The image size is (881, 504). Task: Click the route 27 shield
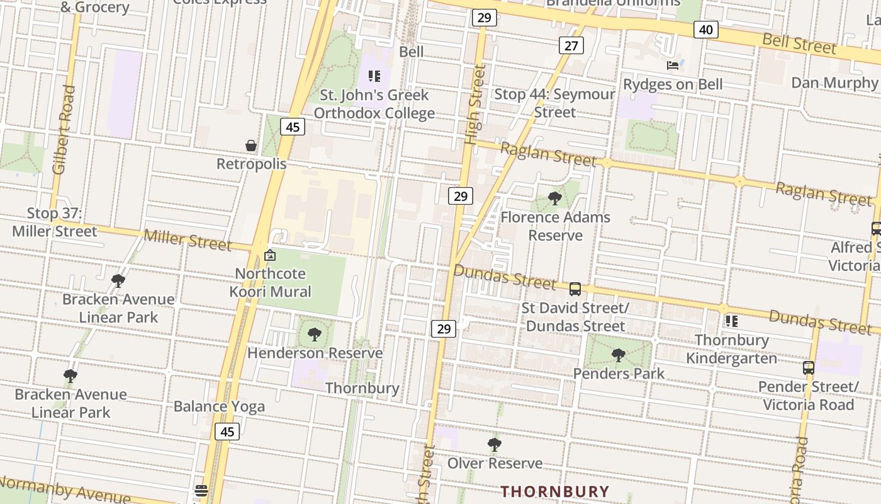(x=571, y=45)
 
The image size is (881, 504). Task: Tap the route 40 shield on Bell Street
(x=706, y=30)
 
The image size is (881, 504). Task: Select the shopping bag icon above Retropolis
(x=251, y=146)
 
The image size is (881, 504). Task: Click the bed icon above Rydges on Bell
(x=673, y=65)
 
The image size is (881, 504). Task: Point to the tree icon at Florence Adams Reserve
(x=554, y=198)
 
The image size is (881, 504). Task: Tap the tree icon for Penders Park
(x=619, y=355)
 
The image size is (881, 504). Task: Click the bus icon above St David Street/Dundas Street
(x=575, y=289)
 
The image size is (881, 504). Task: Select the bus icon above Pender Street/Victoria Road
(x=809, y=368)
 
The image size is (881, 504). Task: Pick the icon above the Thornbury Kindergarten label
(x=731, y=321)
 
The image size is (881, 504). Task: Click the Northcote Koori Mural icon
(x=270, y=255)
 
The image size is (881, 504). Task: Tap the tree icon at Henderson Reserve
(x=314, y=335)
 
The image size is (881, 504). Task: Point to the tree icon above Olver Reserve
(x=495, y=445)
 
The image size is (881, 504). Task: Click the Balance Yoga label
(x=219, y=406)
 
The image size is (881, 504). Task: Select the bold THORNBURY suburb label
(x=555, y=491)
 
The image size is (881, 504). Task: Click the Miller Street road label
(x=188, y=239)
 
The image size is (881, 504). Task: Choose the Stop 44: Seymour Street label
(x=554, y=103)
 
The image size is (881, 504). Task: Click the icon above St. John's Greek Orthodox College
(x=374, y=77)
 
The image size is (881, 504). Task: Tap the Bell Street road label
(x=799, y=43)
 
